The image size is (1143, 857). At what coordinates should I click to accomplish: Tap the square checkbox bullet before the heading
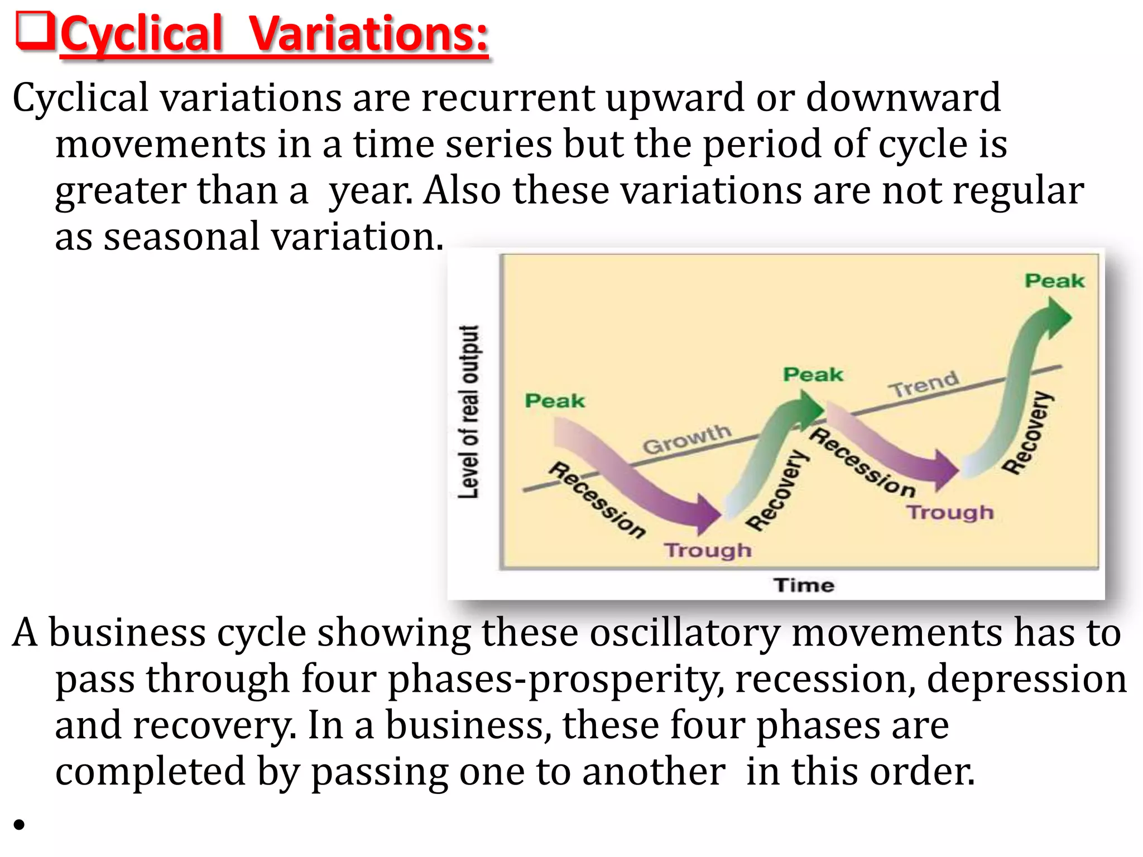[35, 31]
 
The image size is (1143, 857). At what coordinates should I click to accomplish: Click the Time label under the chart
[804, 585]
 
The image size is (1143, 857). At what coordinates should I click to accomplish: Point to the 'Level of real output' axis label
[469, 412]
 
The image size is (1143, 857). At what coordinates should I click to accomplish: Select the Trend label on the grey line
[924, 384]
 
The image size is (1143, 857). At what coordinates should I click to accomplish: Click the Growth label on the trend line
[686, 439]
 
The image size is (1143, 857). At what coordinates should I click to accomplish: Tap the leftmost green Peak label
[555, 401]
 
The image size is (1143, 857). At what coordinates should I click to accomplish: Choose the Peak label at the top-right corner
[1054, 281]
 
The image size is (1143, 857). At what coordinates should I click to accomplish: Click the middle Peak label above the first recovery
[813, 374]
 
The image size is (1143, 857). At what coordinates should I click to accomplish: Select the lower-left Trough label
[708, 550]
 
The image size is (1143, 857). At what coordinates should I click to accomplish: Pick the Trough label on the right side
[950, 512]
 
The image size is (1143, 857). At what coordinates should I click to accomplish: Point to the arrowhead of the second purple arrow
[947, 470]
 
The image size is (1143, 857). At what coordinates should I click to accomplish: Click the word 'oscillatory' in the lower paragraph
[684, 633]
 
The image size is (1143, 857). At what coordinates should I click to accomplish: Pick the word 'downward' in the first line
[903, 98]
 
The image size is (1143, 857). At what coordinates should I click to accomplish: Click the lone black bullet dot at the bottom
[20, 824]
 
